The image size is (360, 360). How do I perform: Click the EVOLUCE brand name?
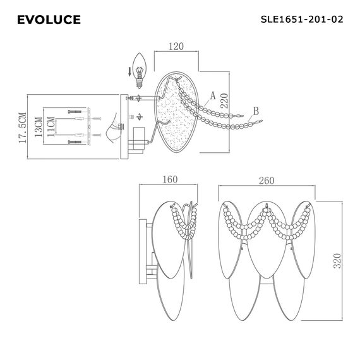(49, 20)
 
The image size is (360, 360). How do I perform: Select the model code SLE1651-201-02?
(302, 20)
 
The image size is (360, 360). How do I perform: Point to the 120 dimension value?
(177, 46)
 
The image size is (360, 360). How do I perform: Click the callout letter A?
(213, 95)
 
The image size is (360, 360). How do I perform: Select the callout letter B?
(256, 112)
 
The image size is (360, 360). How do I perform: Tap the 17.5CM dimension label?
(23, 129)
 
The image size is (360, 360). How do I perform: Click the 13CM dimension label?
(39, 128)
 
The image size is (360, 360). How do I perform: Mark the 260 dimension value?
(267, 180)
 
